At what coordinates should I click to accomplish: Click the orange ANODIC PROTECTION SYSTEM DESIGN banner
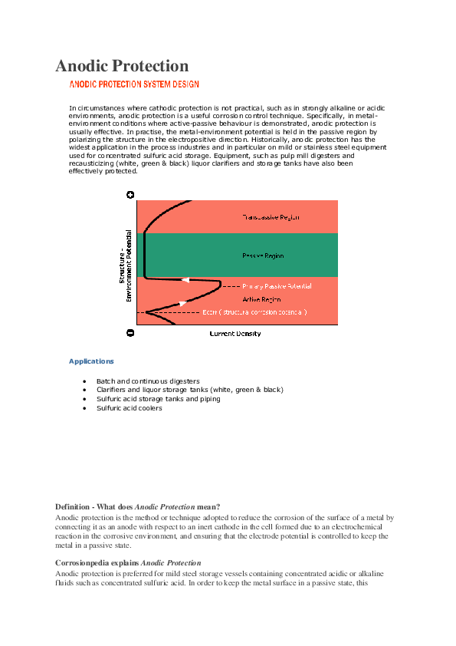[x=135, y=85]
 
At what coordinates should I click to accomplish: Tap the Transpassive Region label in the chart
[x=271, y=217]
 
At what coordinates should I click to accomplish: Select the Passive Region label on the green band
[x=263, y=255]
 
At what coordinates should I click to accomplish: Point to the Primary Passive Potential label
[x=277, y=286]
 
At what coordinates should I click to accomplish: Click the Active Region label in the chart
[x=261, y=299]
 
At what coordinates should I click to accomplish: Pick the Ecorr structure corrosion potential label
[x=254, y=312]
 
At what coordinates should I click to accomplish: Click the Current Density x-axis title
[x=235, y=334]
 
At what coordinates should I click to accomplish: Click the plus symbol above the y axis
[x=130, y=195]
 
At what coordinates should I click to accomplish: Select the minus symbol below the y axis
[x=130, y=333]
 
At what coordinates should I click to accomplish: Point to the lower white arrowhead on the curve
[x=182, y=304]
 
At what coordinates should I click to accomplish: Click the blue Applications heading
[x=91, y=361]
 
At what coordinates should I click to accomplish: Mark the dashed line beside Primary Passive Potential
[x=230, y=286]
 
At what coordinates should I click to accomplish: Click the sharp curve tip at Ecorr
[x=146, y=312]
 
